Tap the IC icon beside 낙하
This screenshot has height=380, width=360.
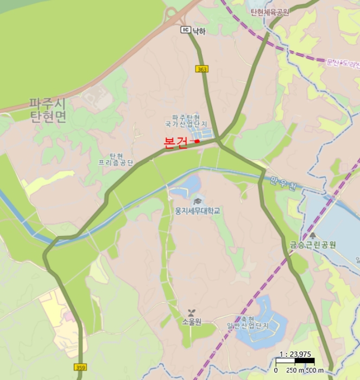185,31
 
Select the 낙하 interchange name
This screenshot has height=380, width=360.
199,31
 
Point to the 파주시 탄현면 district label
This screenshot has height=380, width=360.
48,110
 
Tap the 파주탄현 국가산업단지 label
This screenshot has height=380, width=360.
186,121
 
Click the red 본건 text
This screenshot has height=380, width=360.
175,142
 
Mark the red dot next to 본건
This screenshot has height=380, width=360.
197,141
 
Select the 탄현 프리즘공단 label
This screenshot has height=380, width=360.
116,159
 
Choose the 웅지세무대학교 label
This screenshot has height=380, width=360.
197,211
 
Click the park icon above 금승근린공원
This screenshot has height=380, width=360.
313,235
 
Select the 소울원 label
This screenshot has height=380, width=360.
192,321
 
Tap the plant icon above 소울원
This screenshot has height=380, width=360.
191,313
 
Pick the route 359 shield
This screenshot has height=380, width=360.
80,368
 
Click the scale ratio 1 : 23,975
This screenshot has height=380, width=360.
295,354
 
